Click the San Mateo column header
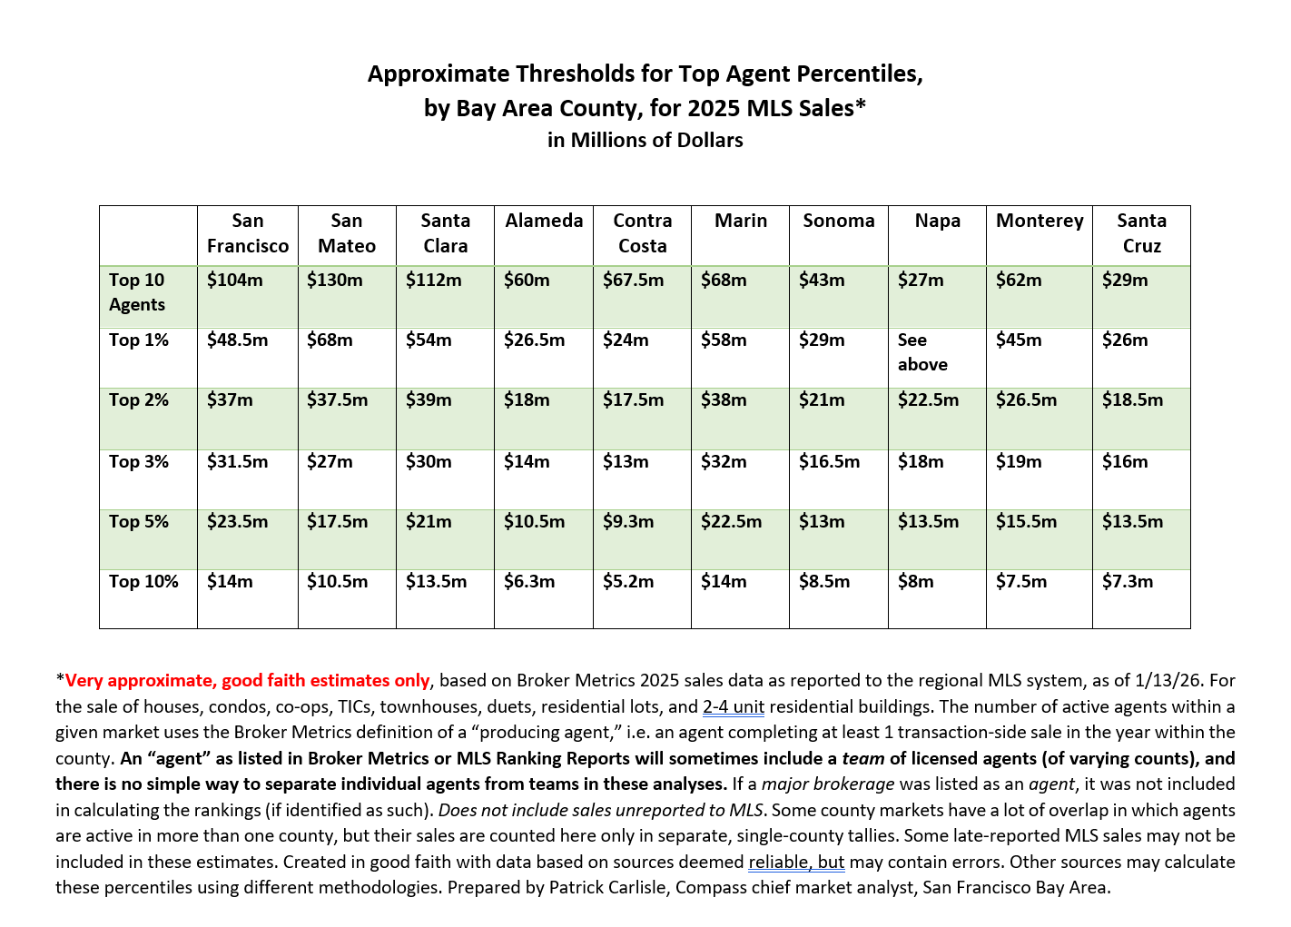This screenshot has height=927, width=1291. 347,233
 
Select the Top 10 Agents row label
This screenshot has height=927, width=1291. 137,292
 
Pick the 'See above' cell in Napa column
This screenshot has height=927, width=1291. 922,352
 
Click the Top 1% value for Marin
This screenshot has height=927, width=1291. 724,340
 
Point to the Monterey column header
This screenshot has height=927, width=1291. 1040,221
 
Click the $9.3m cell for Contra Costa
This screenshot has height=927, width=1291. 628,522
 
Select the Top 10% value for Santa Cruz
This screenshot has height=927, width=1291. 1128,582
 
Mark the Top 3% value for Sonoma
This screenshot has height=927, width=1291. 829,462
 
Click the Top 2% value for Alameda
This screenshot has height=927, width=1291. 527,400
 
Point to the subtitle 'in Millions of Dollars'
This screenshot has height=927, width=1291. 645,140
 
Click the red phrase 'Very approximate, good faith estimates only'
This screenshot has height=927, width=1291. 247,681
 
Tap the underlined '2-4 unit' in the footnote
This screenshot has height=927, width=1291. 734,707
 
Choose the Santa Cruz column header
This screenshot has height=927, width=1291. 1141,233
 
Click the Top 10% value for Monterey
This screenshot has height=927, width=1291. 1021,582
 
